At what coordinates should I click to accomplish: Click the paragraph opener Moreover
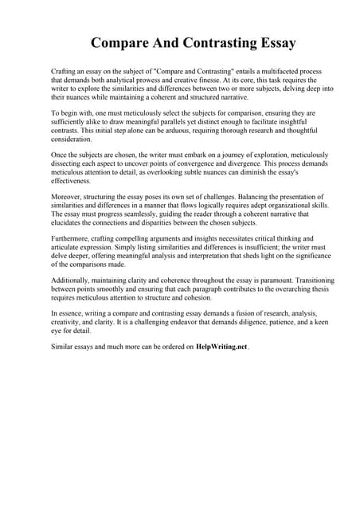click(66, 196)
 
